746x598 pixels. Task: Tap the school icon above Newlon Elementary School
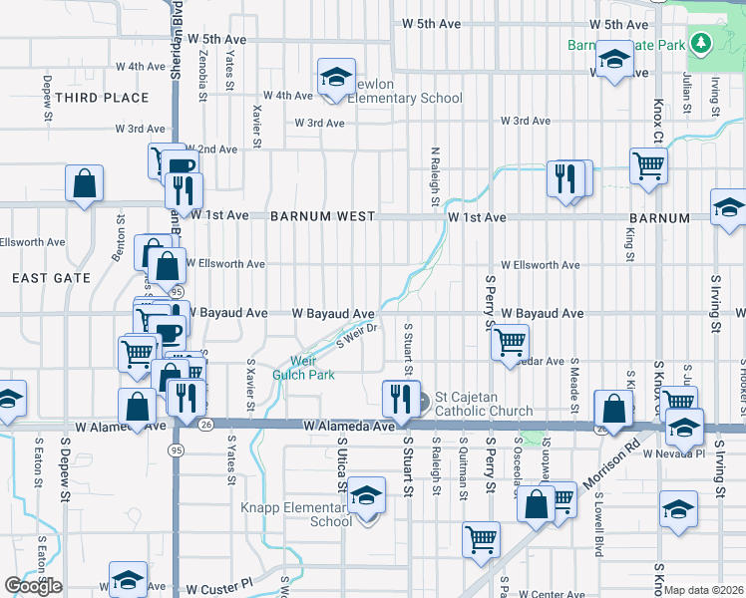337,76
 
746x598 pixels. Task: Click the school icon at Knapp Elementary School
366,497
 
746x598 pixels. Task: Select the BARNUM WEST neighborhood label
321,216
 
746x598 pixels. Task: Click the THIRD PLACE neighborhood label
102,98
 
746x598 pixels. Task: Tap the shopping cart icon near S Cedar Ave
510,342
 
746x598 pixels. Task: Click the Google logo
33,586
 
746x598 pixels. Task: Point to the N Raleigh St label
435,177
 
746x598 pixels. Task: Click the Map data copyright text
704,590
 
